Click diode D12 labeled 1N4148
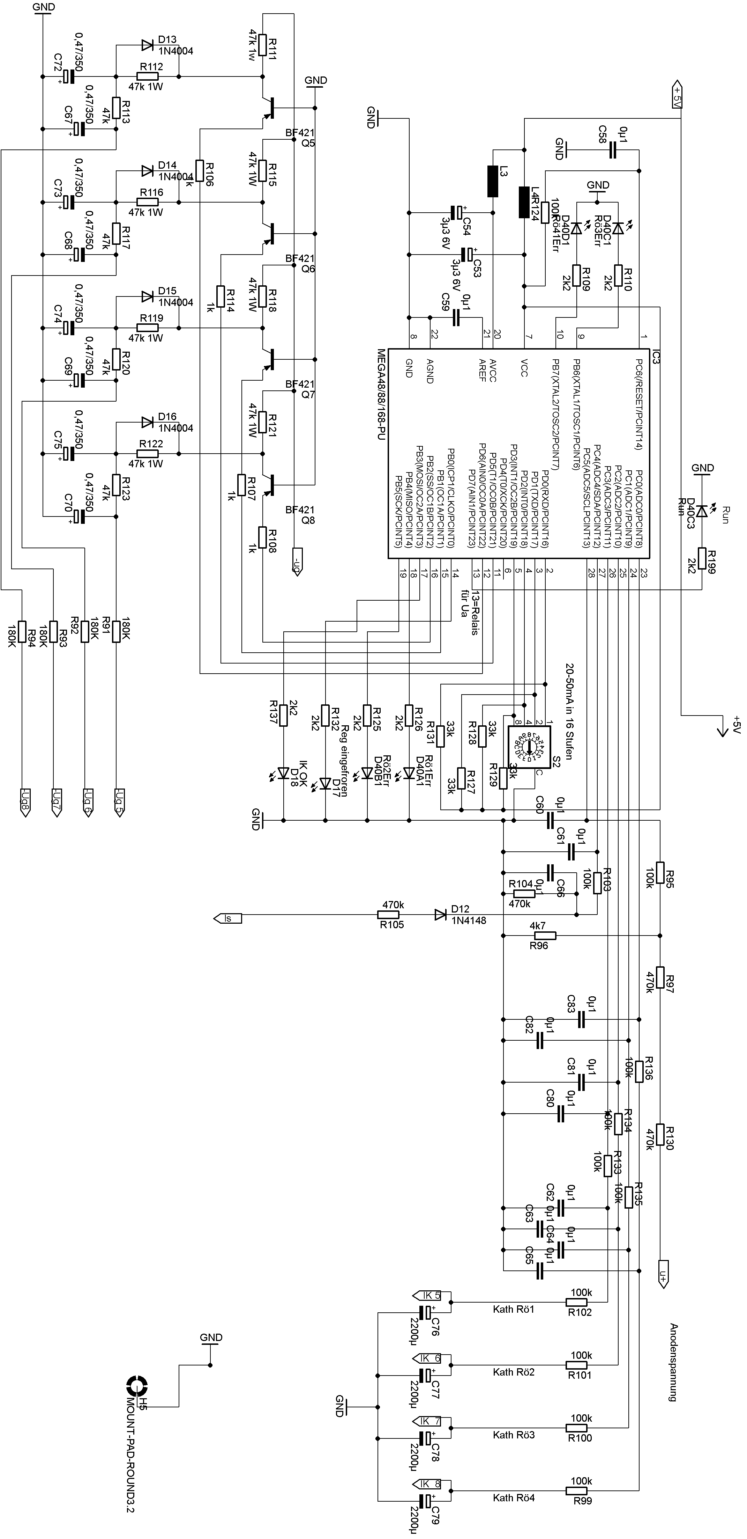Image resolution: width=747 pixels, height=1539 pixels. [441, 915]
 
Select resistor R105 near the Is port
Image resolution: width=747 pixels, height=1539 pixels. [392, 915]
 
